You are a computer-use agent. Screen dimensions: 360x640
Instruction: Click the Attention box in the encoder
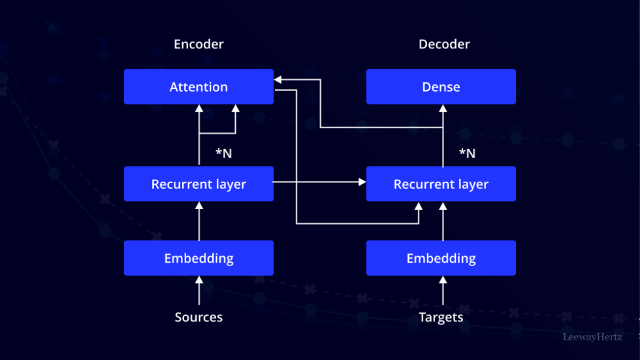click(199, 87)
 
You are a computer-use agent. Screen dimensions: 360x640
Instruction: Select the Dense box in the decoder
click(441, 87)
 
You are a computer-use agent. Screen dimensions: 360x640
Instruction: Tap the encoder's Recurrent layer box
click(199, 184)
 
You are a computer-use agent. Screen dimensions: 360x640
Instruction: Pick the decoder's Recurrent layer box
click(441, 184)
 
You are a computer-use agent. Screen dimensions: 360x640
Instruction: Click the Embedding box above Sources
click(199, 258)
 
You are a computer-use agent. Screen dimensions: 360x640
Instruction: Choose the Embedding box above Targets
click(441, 258)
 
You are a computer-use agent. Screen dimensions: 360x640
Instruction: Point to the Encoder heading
click(199, 44)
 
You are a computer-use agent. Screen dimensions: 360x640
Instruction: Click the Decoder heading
click(444, 44)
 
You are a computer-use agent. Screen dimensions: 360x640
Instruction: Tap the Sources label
click(199, 318)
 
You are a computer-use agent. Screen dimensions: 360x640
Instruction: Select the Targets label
click(441, 318)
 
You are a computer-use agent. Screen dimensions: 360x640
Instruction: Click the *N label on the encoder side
click(223, 154)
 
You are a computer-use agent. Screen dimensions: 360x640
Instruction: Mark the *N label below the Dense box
click(467, 154)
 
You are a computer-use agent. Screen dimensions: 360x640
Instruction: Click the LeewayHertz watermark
click(592, 337)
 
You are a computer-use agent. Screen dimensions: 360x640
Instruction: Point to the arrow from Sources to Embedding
click(199, 291)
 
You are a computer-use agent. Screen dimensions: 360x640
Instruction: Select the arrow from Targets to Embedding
click(443, 291)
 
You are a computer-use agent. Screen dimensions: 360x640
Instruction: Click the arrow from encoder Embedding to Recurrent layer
click(199, 221)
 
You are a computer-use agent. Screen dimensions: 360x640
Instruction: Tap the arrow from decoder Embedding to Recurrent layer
click(443, 221)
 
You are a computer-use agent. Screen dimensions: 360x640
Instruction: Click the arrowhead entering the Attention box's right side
click(278, 80)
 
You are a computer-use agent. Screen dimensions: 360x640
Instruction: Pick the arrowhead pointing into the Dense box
click(443, 108)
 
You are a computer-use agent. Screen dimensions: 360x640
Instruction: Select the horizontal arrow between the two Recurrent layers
click(320, 183)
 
